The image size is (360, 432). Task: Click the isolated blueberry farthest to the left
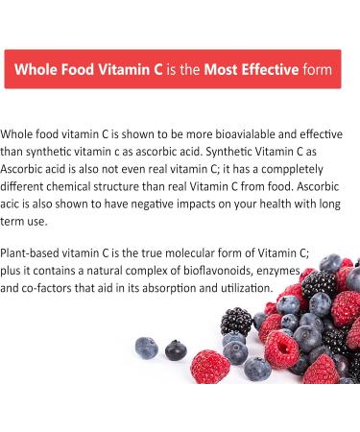pos(147,348)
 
